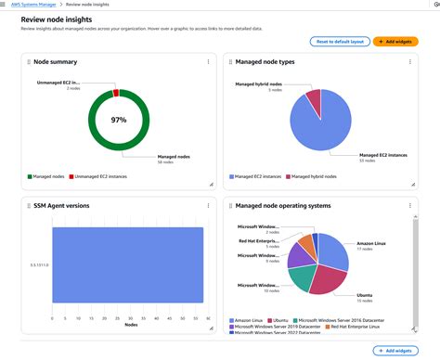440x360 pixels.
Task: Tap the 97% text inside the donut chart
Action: coord(119,122)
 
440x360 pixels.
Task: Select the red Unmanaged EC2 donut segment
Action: coord(116,93)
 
